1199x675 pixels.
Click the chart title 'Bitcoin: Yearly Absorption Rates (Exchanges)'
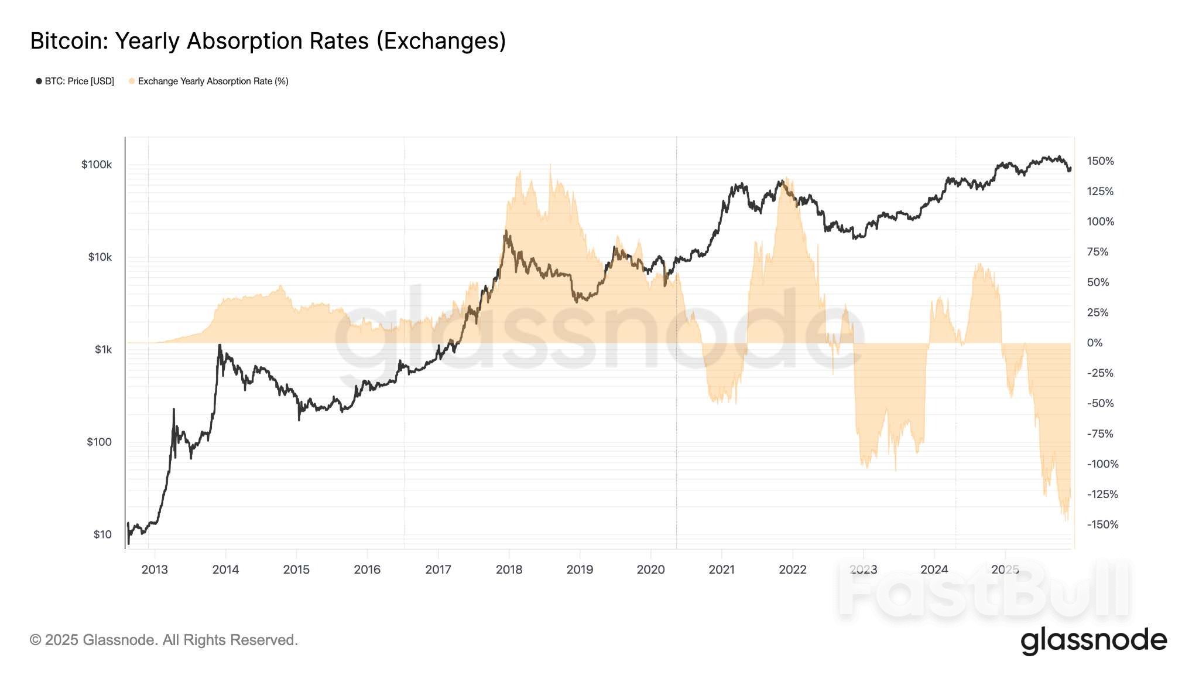268,41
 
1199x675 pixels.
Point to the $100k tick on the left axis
97,165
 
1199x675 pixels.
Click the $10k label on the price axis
100,257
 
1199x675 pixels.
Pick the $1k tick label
103,350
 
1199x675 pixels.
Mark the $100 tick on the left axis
99,442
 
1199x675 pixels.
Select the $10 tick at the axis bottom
102,534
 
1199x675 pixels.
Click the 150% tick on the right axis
1100,161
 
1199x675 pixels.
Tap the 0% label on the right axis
1094,343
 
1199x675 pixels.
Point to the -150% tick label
1102,524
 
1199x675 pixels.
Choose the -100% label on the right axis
1102,464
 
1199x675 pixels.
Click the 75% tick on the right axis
1098,252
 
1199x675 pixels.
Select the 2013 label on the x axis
155,570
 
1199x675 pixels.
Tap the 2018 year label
509,570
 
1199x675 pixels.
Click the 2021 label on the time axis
721,570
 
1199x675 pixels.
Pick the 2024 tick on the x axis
934,570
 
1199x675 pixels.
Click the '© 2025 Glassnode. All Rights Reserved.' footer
164,640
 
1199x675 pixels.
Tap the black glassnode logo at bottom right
1094,640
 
